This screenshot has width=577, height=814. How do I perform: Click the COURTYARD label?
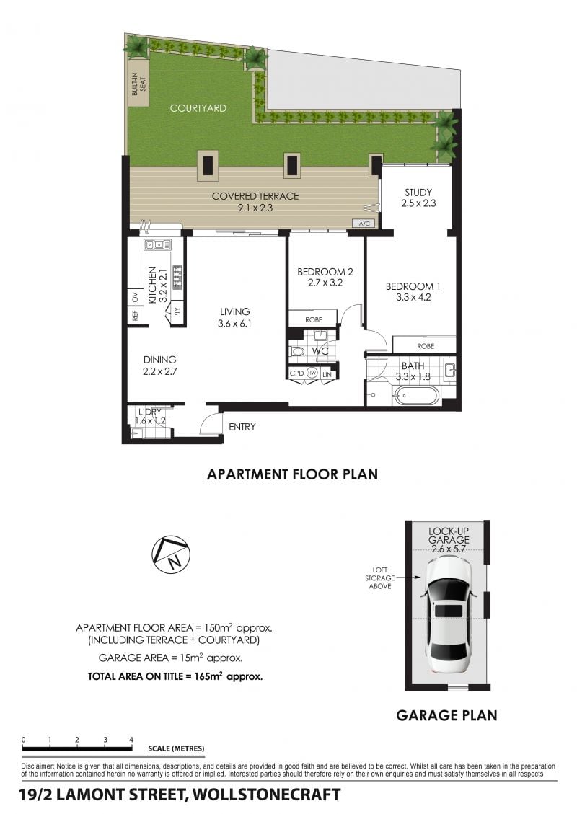pos(198,108)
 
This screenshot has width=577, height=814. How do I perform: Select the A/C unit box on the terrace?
pos(364,224)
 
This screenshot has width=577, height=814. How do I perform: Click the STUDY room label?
pos(418,192)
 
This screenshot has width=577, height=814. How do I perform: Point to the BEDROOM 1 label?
pos(413,286)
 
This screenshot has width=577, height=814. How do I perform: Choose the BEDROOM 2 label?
pos(325,272)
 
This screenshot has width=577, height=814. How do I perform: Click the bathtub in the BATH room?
pos(416,396)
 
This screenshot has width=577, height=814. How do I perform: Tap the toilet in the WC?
pos(298,352)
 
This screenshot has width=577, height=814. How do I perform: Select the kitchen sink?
pos(157,244)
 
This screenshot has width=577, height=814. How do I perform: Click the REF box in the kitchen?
pos(135,315)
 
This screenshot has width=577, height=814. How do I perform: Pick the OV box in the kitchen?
pos(135,298)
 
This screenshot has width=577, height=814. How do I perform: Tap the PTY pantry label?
pos(177,312)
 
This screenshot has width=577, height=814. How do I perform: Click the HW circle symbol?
pos(312,373)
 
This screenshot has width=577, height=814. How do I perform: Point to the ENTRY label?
pos(242,427)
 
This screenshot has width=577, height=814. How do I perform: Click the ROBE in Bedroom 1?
pos(425,346)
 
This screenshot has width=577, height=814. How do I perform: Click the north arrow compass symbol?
pos(171,554)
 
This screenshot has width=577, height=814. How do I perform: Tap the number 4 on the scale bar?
pos(131,740)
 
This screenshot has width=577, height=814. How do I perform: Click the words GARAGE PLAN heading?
pos(446,715)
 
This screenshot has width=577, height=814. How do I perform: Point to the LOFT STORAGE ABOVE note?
pos(379,578)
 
